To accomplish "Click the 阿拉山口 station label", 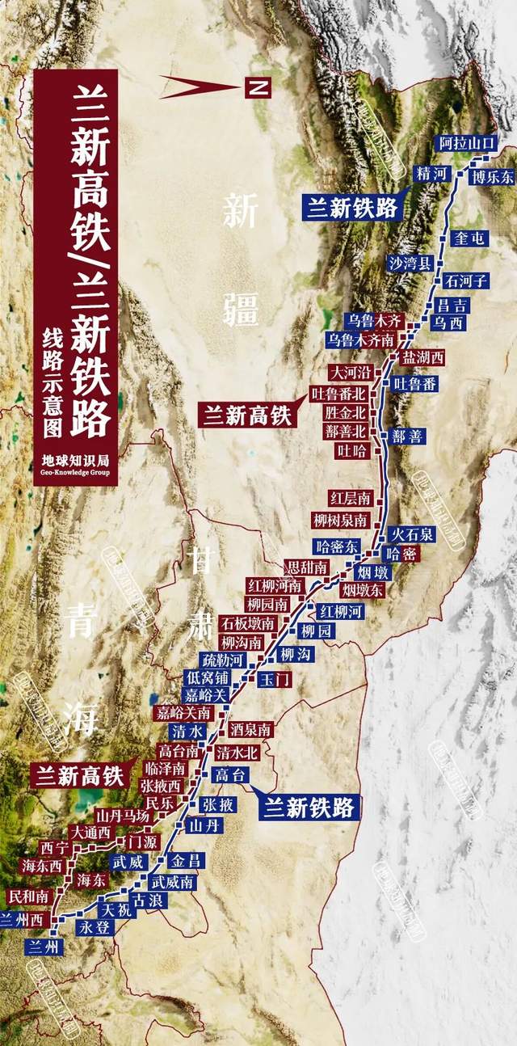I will click(464, 143).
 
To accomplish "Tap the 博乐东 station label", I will click(494, 177).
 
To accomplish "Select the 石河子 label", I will click(466, 281).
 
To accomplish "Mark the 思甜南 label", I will click(307, 567).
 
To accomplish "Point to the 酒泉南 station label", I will click(250, 729).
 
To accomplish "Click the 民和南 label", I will click(28, 896).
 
